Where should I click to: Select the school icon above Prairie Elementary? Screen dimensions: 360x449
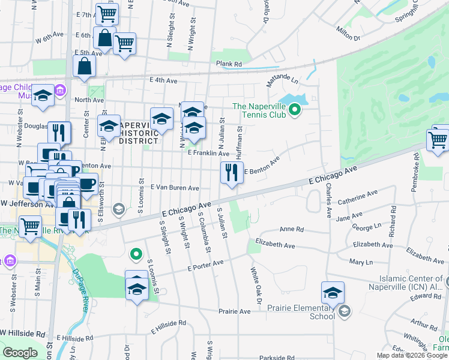point(333,293)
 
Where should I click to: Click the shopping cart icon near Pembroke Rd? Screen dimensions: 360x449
point(438,140)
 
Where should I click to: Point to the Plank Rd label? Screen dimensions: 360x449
point(229,64)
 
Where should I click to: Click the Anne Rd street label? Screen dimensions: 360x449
point(292,229)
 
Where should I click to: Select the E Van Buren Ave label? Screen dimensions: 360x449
point(175,188)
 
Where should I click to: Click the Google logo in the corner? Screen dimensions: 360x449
point(20,353)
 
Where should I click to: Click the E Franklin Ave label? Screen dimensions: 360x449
point(208,154)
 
